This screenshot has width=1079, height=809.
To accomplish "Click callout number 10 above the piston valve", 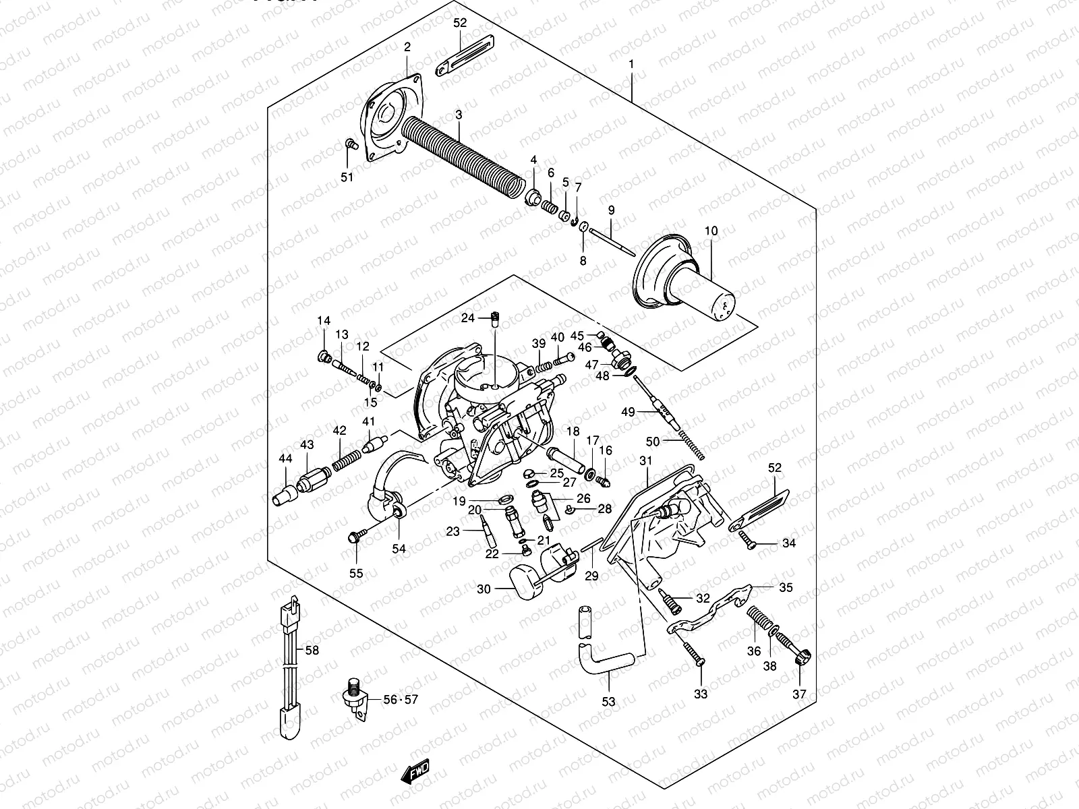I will coord(711,231).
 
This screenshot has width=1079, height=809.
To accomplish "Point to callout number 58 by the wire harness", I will coord(312,651).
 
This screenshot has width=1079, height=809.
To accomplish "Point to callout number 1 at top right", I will coord(632,65).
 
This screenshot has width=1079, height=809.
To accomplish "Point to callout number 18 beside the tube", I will coord(573,431).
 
